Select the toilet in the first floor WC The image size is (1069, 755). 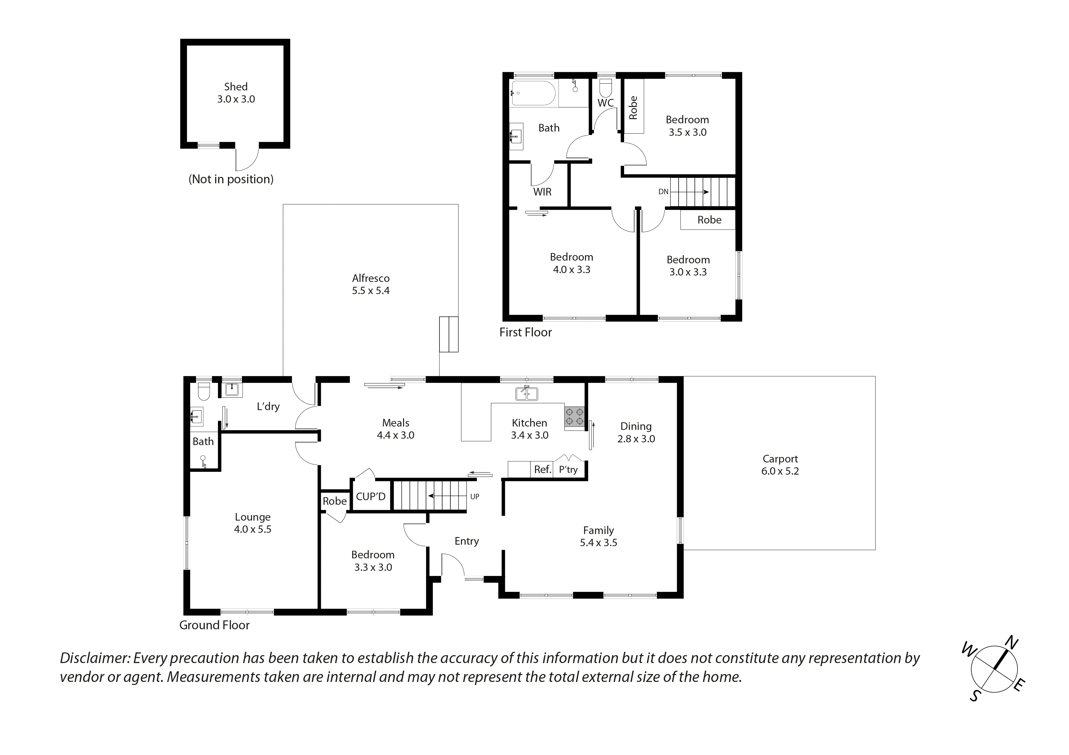(605, 87)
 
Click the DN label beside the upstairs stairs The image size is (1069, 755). (663, 192)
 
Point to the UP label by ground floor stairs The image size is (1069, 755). (474, 496)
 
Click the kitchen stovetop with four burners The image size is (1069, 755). (574, 417)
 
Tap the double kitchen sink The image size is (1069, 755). (527, 394)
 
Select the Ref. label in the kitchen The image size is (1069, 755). (542, 469)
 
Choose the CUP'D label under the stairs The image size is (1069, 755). (371, 496)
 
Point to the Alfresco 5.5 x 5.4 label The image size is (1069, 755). (371, 284)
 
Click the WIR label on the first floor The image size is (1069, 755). (542, 192)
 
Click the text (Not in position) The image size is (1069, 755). (231, 179)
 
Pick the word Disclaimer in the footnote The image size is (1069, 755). (94, 658)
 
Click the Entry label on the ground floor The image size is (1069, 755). (467, 541)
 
